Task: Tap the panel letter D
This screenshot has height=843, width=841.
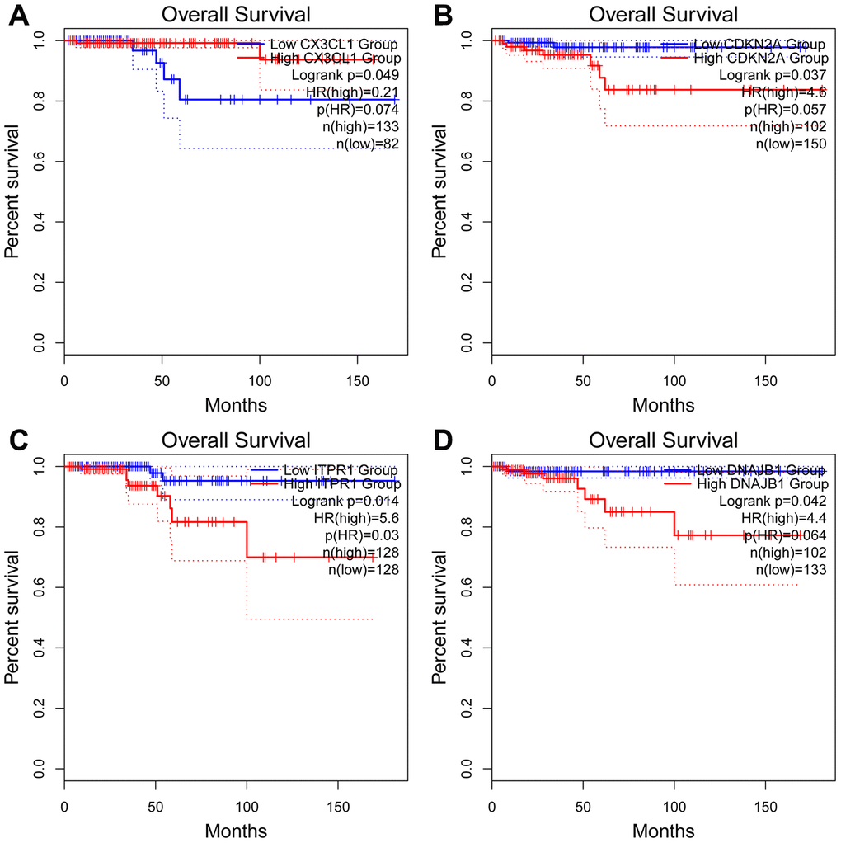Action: click(x=446, y=442)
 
